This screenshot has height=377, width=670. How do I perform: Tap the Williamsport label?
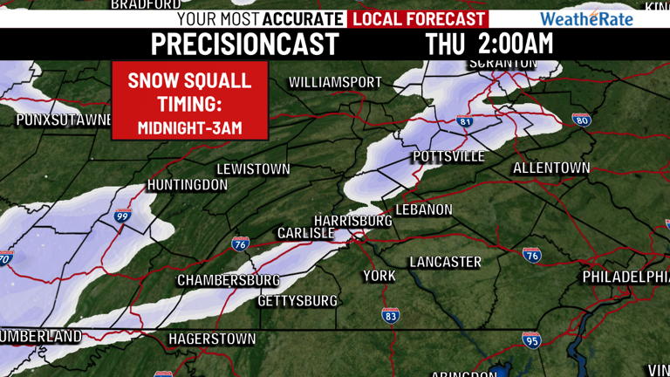pos(335,82)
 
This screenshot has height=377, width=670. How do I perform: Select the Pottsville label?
pos(448,156)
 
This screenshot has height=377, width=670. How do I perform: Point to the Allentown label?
pos(551,168)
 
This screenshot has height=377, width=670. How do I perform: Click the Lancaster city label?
pos(445,262)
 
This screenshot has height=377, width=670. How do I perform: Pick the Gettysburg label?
pos(297,301)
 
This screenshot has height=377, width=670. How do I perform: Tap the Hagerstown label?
pos(212,339)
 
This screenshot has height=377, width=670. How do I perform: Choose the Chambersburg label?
pos(229,280)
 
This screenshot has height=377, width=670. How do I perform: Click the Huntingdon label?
pos(188,185)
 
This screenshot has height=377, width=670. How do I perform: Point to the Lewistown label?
pos(253,168)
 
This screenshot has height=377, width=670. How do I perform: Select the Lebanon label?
pos(424,210)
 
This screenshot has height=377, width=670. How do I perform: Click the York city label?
pos(379,276)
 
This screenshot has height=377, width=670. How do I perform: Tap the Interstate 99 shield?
pos(122,216)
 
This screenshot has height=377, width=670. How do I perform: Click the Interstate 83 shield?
pos(391,315)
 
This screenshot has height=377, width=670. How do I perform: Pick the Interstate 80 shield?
pos(582,119)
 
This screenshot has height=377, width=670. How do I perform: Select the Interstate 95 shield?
pos(531,339)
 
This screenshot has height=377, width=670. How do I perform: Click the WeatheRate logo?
pos(586,18)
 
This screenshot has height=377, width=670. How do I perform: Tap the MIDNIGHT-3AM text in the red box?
pos(189,127)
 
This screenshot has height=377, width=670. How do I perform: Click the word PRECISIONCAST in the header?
pos(245,44)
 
